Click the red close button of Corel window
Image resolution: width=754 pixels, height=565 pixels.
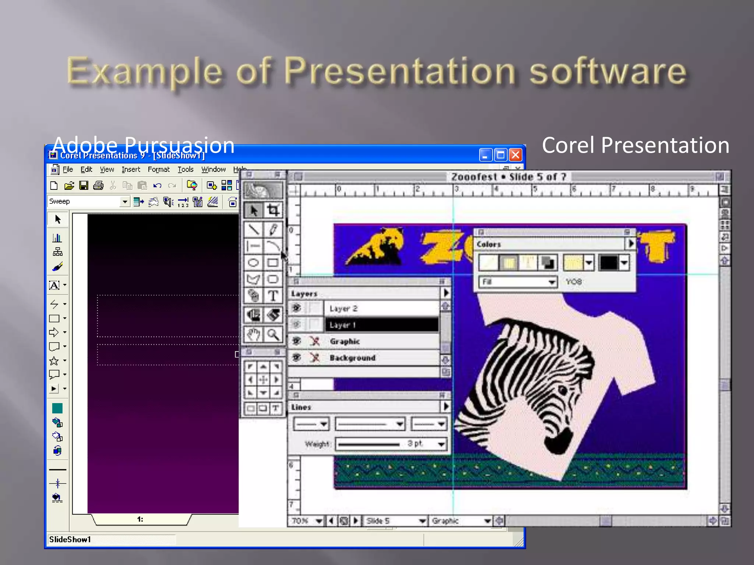[515, 155]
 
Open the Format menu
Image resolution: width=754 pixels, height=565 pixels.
[159, 170]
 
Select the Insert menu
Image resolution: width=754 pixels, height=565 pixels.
[131, 170]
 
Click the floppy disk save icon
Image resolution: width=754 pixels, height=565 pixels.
[84, 185]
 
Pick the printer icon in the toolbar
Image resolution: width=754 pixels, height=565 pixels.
[98, 185]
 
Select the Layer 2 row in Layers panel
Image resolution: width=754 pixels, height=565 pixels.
[381, 308]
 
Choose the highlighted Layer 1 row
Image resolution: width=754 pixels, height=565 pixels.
[381, 325]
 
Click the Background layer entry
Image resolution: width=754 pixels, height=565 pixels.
[352, 358]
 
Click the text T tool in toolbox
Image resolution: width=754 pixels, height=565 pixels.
[273, 296]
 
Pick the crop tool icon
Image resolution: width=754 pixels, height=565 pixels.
[273, 210]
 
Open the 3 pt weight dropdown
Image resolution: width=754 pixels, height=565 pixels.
[441, 444]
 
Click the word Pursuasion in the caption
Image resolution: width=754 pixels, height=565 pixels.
[179, 145]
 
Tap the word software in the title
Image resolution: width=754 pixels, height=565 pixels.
[607, 72]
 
